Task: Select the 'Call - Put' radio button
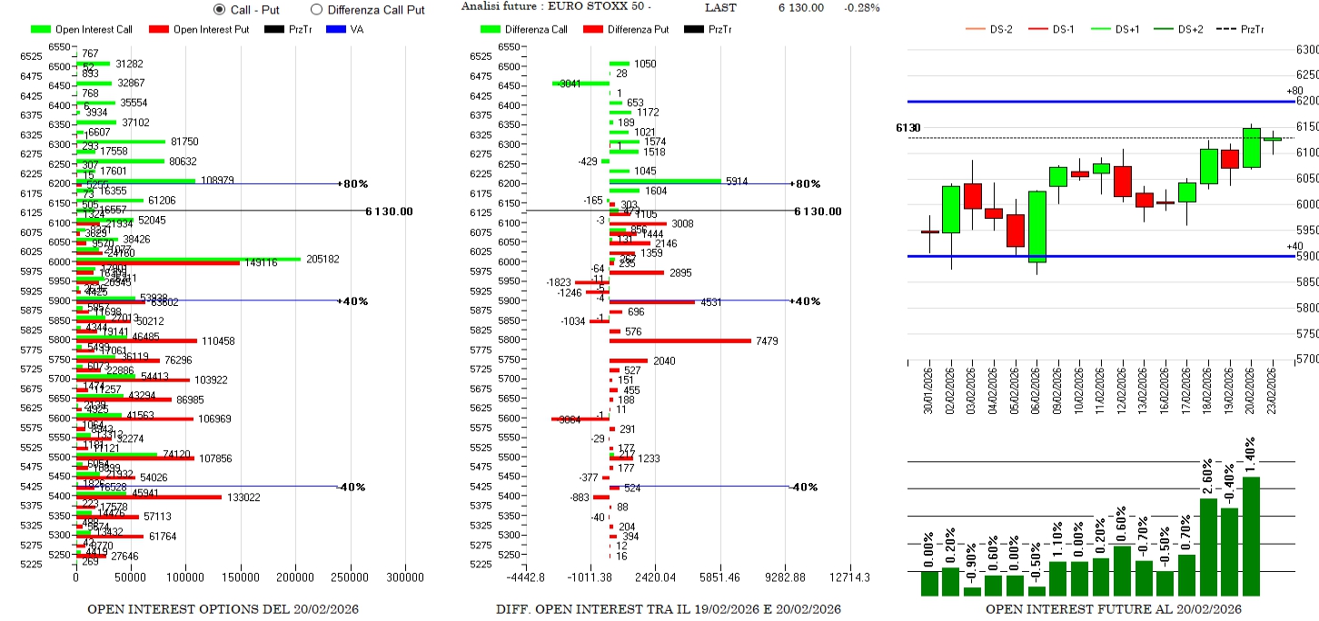pyautogui.click(x=220, y=9)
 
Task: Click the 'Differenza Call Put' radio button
pyautogui.click(x=316, y=9)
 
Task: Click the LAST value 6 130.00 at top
pyautogui.click(x=800, y=7)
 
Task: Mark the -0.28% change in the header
pyautogui.click(x=861, y=7)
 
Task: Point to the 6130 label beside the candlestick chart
pyautogui.click(x=908, y=128)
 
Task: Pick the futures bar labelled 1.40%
pyautogui.click(x=1251, y=536)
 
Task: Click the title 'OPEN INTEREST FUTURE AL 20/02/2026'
pyautogui.click(x=1113, y=608)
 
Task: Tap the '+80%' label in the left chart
pyautogui.click(x=352, y=183)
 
